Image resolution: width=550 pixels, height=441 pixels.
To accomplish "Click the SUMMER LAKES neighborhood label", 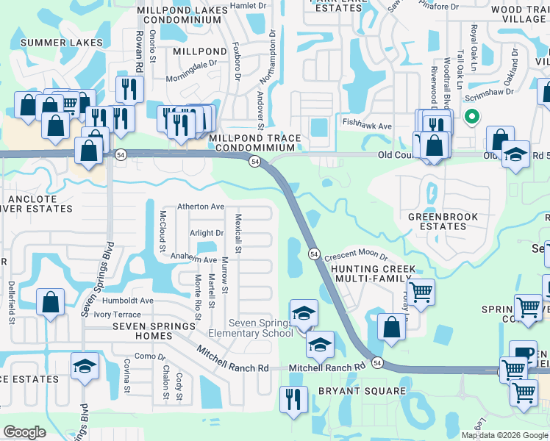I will click(x=62, y=43).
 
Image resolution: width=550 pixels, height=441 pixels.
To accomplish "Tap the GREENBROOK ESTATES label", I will click(x=443, y=221).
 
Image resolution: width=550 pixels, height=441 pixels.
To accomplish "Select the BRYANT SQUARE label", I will click(x=358, y=391).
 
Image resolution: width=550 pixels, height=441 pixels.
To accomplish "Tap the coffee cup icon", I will click(x=523, y=353).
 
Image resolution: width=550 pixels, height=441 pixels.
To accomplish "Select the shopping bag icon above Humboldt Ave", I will click(x=50, y=301).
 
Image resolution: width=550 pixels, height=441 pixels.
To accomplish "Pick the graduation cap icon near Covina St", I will click(x=85, y=365).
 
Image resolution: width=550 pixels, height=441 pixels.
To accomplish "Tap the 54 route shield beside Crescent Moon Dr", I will click(x=314, y=254).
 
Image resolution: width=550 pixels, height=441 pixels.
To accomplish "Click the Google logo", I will click(x=24, y=431).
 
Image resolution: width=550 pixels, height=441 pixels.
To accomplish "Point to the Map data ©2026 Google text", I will click(x=504, y=434).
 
